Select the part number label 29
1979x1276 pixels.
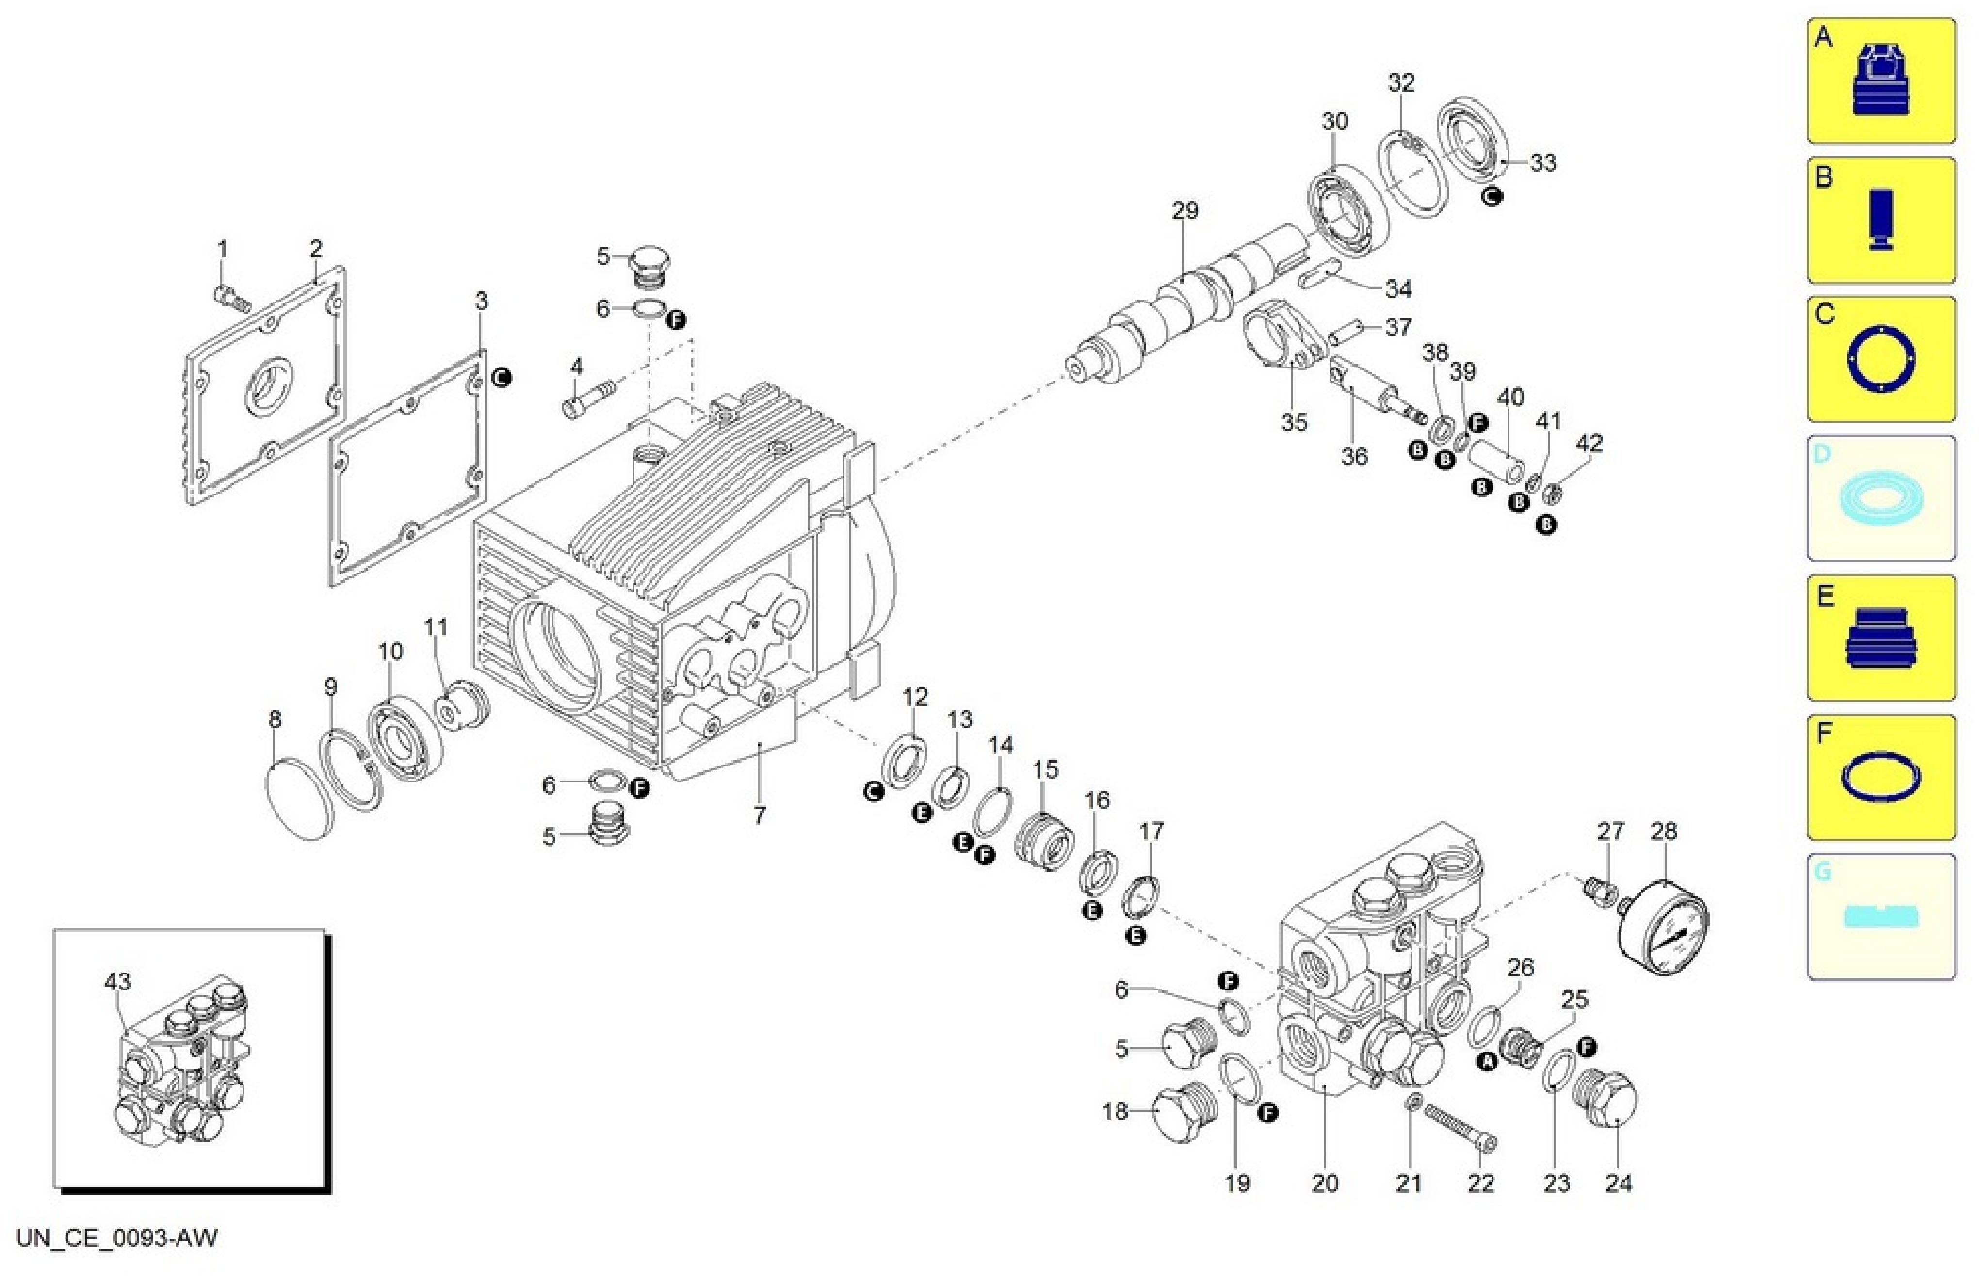point(1184,210)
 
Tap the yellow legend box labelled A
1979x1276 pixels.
point(1881,80)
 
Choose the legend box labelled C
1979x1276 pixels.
point(1881,359)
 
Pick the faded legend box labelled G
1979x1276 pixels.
point(1881,916)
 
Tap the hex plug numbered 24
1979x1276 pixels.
point(1605,1101)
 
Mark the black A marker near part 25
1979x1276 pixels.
point(1488,1061)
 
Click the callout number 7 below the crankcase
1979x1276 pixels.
point(759,815)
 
